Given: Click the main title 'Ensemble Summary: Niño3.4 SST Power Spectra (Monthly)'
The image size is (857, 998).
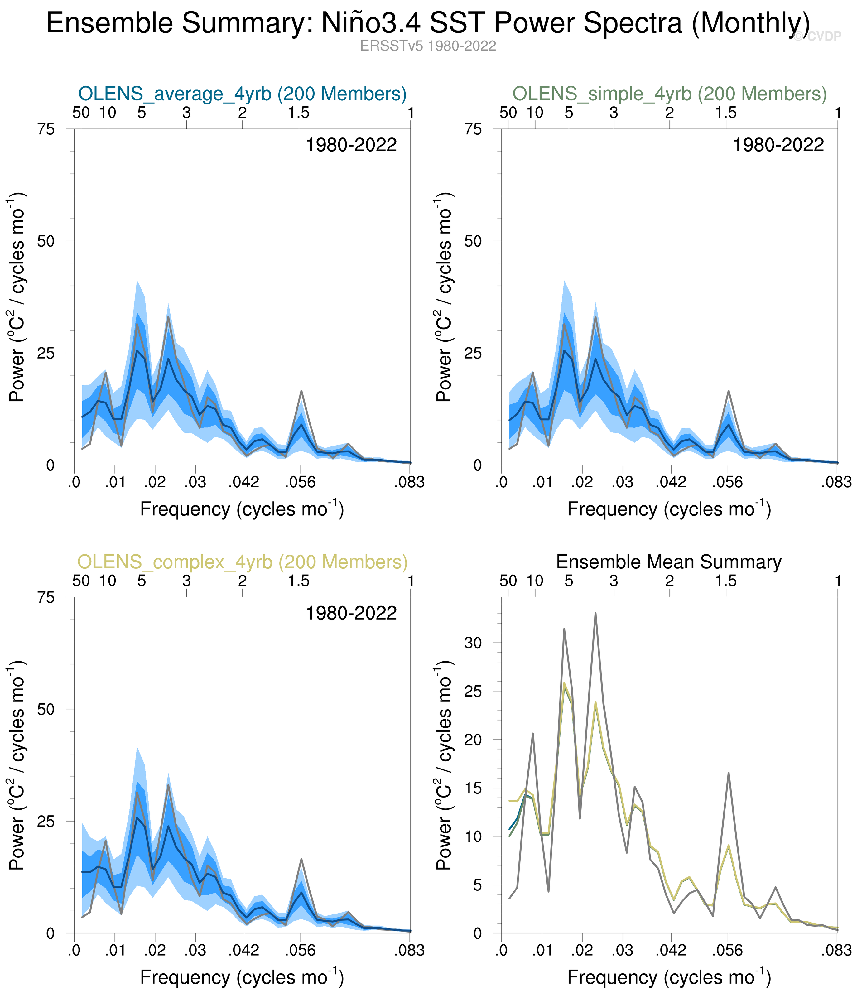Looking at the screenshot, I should pyautogui.click(x=428, y=23).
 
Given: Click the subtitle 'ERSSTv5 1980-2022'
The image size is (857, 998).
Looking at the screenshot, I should pyautogui.click(x=428, y=46).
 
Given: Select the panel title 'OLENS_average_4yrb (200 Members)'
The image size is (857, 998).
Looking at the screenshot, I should pyautogui.click(x=242, y=94).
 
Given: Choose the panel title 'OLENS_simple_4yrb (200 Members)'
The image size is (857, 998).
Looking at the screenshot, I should pyautogui.click(x=669, y=94).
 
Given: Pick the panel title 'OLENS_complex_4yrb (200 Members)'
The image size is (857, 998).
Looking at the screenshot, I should pyautogui.click(x=242, y=562).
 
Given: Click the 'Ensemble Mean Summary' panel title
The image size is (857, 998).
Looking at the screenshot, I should pyautogui.click(x=669, y=562).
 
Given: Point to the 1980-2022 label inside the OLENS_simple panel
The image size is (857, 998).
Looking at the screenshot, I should pyautogui.click(x=778, y=145).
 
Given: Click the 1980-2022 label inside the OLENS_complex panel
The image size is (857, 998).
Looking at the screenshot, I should pyautogui.click(x=351, y=613).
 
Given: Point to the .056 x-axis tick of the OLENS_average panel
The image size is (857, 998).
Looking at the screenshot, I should pyautogui.click(x=300, y=482).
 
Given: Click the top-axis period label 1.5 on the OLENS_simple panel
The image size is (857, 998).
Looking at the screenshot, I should pyautogui.click(x=725, y=113).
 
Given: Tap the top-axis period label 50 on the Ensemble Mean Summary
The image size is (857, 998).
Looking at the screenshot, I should pyautogui.click(x=508, y=581).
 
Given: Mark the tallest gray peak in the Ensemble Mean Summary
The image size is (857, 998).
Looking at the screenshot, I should pyautogui.click(x=595, y=613).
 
